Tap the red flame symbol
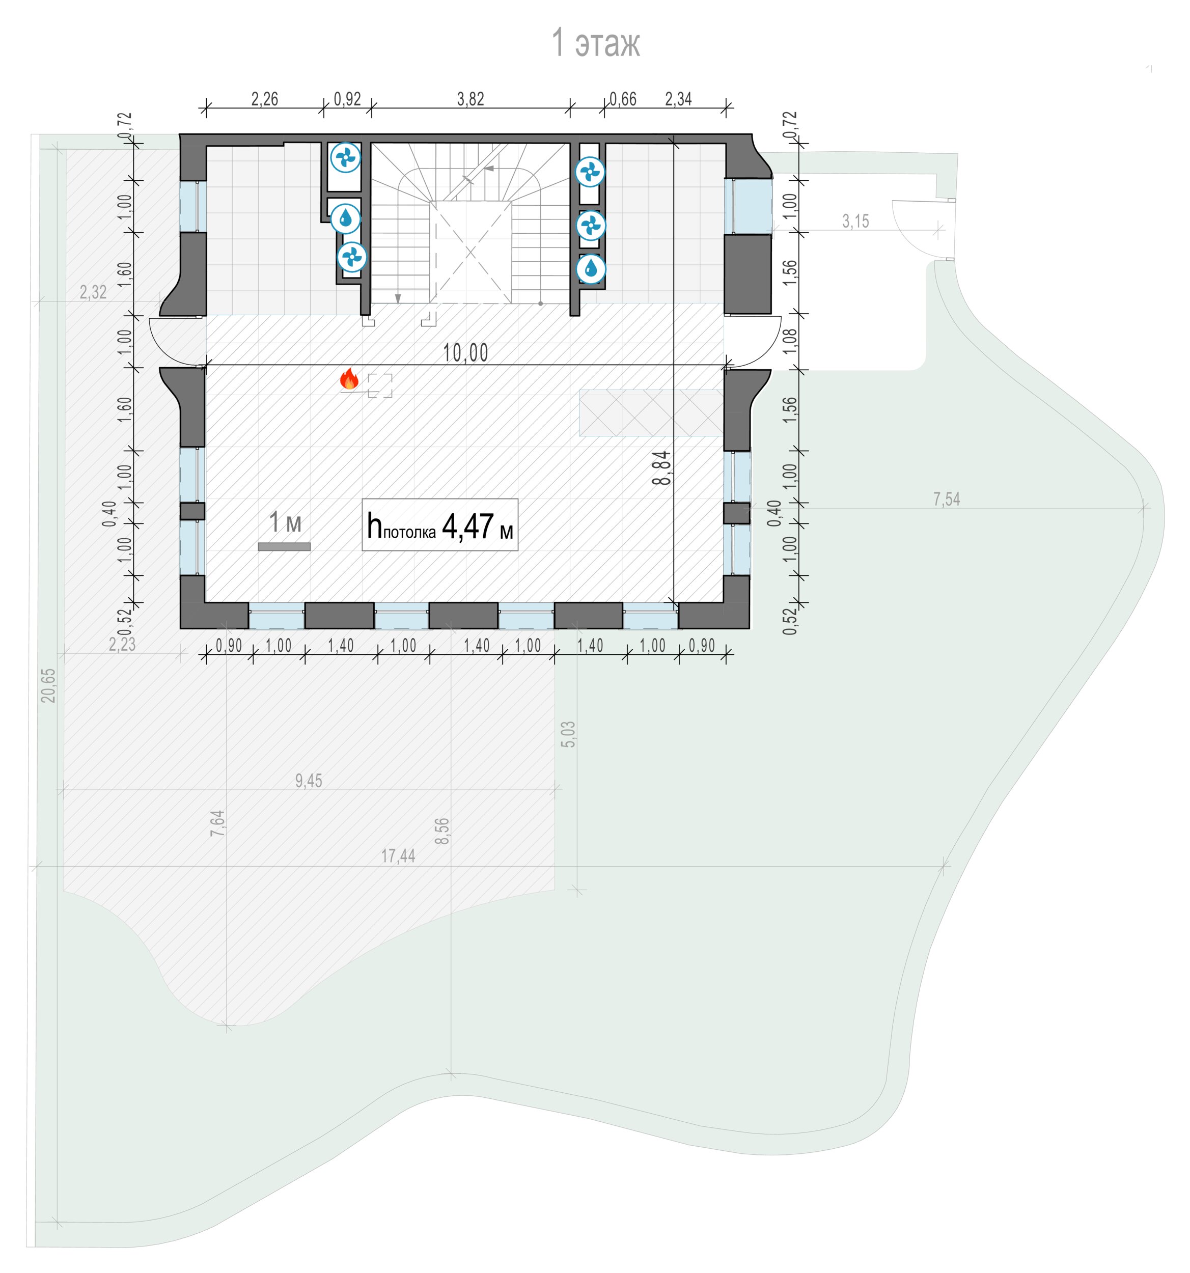tap(349, 379)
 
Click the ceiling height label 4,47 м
tap(477, 527)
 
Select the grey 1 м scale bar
tap(284, 547)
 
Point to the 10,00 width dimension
tap(465, 353)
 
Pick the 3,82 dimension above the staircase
tap(471, 99)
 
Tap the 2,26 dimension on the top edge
tap(264, 99)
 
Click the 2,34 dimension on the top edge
tap(678, 99)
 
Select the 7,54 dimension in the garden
tap(947, 500)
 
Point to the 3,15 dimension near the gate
tap(855, 222)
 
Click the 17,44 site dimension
tap(398, 856)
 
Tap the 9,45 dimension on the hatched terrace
tap(309, 781)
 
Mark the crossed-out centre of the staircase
tap(470, 252)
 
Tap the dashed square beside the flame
tap(380, 385)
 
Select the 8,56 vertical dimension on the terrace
tap(442, 831)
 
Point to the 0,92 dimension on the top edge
tap(348, 99)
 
